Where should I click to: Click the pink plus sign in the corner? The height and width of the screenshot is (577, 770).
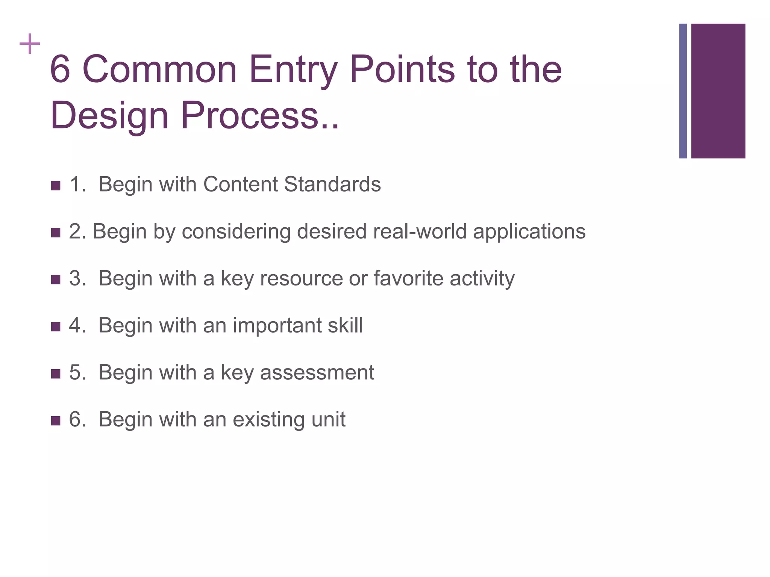coord(30,44)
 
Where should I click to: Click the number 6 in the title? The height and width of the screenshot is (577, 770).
coord(60,69)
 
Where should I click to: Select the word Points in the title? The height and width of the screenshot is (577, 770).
coord(402,69)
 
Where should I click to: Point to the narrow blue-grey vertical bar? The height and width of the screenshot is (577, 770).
coord(683,91)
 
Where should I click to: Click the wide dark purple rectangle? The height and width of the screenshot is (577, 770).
coord(718,91)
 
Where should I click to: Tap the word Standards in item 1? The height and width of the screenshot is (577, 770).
coord(332,184)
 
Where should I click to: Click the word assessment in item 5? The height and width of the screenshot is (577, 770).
coord(317,373)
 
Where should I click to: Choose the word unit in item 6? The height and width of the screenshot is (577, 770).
coord(328,419)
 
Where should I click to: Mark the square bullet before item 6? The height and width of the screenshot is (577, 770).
coord(55,420)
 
